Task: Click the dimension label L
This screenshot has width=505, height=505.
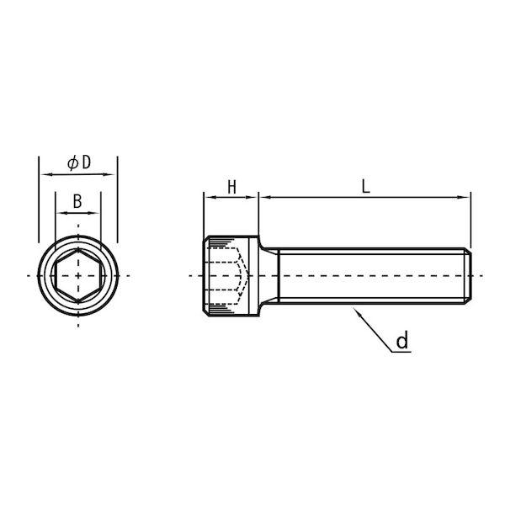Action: (x=365, y=187)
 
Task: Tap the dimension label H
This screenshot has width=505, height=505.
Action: (x=232, y=187)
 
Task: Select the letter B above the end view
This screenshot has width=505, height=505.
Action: (x=77, y=202)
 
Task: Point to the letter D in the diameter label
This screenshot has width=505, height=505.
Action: (x=87, y=162)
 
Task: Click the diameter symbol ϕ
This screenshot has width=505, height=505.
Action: (x=73, y=162)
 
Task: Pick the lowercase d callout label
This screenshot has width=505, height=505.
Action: (x=402, y=340)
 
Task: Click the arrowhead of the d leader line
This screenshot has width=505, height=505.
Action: (x=356, y=311)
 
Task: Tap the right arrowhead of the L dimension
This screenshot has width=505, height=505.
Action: (x=465, y=197)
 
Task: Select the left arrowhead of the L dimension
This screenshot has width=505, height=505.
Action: (x=265, y=197)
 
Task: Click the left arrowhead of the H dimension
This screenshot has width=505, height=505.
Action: (x=210, y=197)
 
